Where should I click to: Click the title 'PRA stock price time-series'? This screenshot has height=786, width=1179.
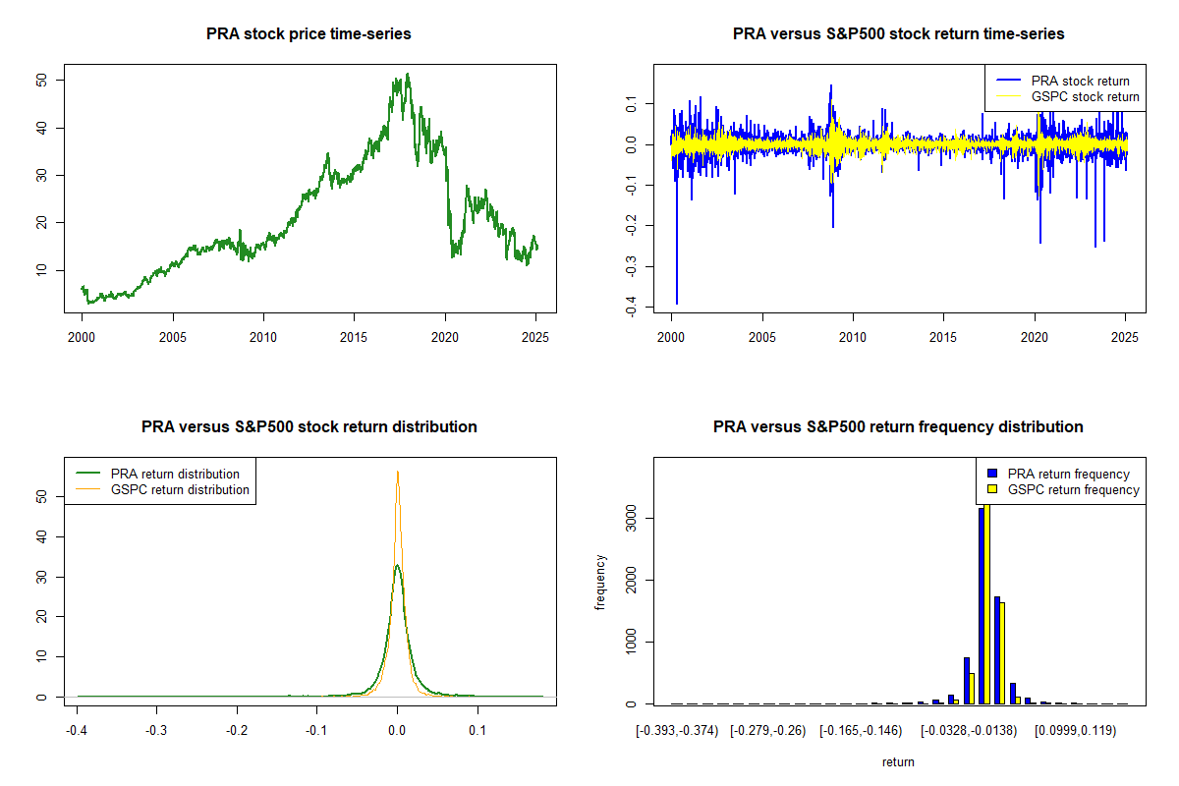point(309,34)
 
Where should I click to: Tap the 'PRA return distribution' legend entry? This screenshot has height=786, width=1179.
point(175,474)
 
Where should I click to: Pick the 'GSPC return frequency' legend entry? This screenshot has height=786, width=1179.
point(1074,489)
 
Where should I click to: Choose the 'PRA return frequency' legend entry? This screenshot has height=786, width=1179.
point(1072,474)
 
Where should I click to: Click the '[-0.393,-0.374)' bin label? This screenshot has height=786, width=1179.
point(677,731)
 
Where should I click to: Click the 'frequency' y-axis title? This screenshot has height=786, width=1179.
point(600,583)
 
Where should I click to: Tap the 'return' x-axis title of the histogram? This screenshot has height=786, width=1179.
point(898,761)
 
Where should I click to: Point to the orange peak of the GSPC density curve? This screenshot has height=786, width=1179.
point(397,472)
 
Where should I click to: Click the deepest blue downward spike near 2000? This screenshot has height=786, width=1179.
point(677,303)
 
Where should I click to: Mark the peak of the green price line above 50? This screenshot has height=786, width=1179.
point(408,74)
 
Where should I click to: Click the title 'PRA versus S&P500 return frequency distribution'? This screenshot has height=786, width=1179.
point(898,427)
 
